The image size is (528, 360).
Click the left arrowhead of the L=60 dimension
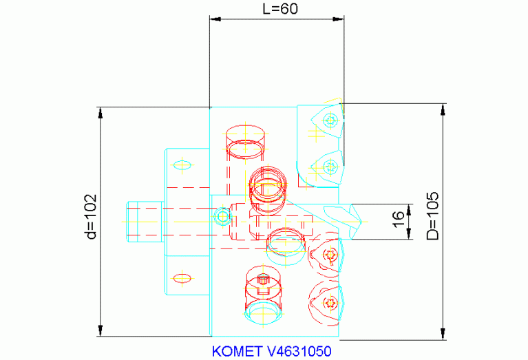pos(213,19)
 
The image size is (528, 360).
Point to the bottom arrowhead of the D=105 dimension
pos(441,335)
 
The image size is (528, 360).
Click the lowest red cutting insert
pos(327,302)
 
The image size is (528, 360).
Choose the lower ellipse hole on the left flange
pos(182,278)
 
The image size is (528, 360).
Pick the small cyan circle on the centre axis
pos(222,218)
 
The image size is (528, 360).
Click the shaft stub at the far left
pos(144,221)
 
